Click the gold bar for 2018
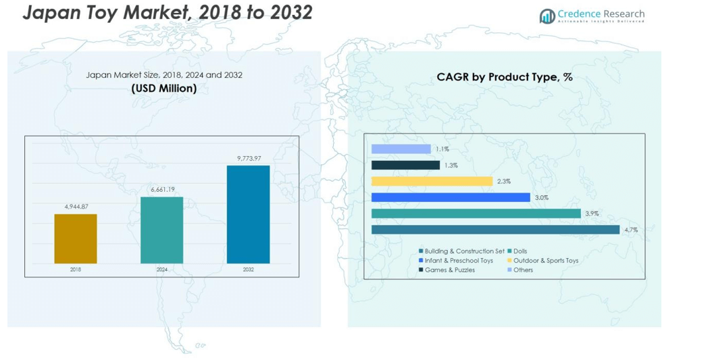pos(76,238)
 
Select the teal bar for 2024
pos(161,230)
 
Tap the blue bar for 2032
pos(248,214)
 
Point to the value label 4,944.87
pos(76,207)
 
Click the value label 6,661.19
pos(161,190)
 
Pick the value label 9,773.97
pos(249,158)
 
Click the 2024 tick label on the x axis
pos(162,269)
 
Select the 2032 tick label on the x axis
pos(248,269)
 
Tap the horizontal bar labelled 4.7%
pos(495,230)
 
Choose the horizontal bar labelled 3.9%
pos(476,213)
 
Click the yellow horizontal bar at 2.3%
pos(432,181)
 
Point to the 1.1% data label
pos(442,149)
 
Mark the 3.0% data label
pos(542,198)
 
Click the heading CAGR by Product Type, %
pos(504,77)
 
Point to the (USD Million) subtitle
pos(164,88)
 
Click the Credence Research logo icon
pos(547,16)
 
